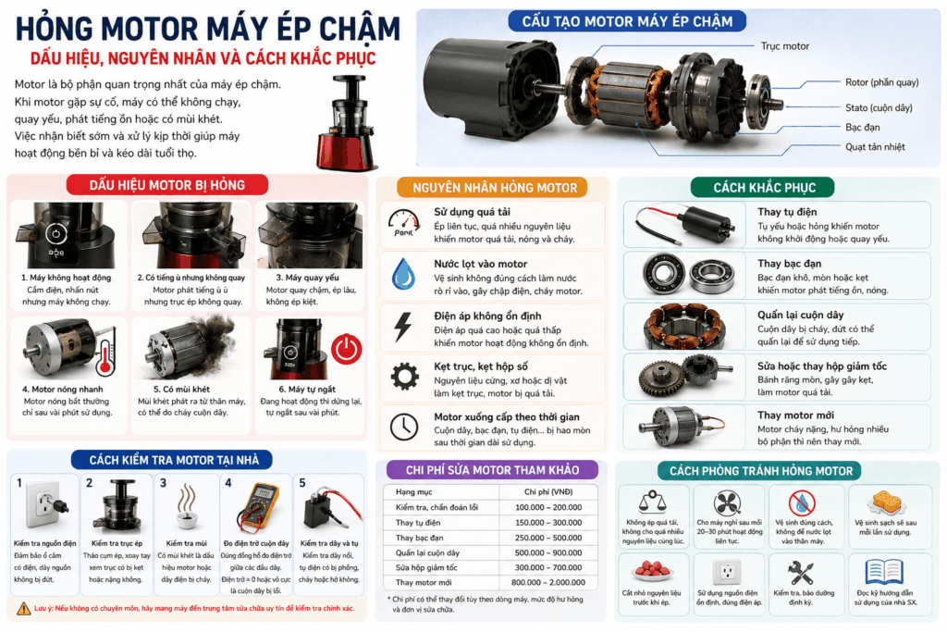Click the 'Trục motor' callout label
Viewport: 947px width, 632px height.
784,46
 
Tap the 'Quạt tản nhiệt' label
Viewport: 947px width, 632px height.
875,147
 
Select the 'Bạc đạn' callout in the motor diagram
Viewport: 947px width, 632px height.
863,128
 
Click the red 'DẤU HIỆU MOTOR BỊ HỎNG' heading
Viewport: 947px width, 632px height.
167,185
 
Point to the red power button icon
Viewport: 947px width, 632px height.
346,349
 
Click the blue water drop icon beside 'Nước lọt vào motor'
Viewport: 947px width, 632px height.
403,274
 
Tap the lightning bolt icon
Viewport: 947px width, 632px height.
403,327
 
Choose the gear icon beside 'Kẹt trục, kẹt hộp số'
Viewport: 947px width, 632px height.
405,377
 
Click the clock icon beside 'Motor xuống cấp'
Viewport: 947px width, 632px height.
404,427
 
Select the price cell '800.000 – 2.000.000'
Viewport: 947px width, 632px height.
548,582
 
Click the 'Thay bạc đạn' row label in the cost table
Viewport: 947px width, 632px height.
419,538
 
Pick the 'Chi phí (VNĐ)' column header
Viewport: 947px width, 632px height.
548,492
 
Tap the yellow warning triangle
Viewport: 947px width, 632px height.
23,609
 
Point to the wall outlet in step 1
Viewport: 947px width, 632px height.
43,505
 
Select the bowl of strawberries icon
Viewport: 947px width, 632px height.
652,570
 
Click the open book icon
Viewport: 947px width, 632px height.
884,571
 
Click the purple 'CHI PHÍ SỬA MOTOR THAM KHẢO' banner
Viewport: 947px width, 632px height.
492,470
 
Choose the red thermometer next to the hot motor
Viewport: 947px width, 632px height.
106,352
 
